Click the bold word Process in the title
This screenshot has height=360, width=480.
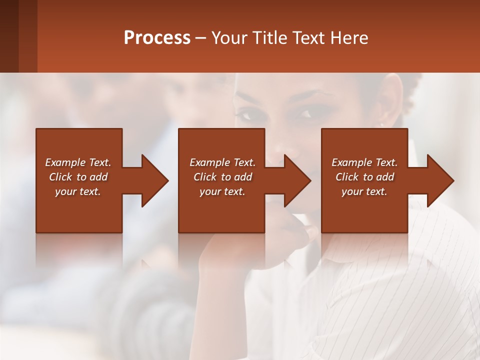pos(157,38)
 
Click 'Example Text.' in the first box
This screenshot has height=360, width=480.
pos(78,162)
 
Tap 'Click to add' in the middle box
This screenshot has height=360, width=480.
pos(222,177)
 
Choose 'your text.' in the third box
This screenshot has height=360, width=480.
pos(364,191)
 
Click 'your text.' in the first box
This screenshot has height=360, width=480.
pos(78,191)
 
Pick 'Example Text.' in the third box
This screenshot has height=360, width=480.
pos(364,162)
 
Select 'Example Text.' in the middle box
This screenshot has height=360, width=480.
pos(222,162)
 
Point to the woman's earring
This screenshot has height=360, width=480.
pos(382,125)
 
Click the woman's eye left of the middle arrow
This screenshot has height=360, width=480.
pos(246,115)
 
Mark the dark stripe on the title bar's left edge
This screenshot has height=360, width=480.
pos(9,36)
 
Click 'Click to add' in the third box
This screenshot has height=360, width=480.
pos(364,177)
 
